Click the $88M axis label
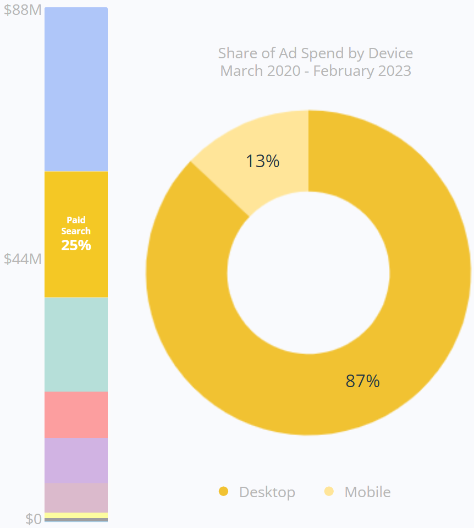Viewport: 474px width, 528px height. pos(23,10)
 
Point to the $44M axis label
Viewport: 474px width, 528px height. pos(23,258)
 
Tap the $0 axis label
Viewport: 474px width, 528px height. pos(33,519)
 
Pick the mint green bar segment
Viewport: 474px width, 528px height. pos(76,344)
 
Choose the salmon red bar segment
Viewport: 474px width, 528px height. pos(76,414)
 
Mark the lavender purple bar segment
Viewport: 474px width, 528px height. pos(76,460)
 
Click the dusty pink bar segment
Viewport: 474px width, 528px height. pos(76,497)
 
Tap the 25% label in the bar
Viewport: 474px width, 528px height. pos(76,245)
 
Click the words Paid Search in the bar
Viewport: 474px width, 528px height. pos(76,226)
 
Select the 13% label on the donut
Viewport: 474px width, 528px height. pos(262,161)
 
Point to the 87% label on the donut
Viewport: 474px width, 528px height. pos(362,381)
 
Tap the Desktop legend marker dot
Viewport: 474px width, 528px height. pos(223,491)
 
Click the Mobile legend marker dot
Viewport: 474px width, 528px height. pos(329,491)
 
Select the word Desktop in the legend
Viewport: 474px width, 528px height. pos(267,492)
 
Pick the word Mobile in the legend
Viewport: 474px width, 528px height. pos(367,492)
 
